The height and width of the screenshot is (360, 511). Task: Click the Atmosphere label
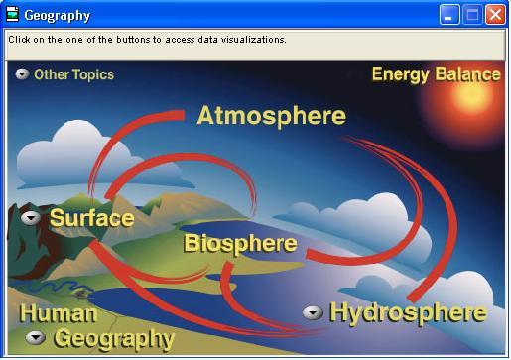(x=271, y=115)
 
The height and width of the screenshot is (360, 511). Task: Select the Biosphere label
(x=240, y=243)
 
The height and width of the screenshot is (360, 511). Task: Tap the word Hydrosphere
(x=408, y=313)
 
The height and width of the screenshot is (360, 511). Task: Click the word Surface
(x=91, y=218)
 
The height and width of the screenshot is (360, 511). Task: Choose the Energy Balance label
(x=436, y=75)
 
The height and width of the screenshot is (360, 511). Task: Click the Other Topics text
(x=73, y=75)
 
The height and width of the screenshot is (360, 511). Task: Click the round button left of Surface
(x=31, y=218)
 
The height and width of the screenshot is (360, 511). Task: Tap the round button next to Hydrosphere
(x=313, y=313)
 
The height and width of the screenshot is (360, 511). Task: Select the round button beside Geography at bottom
(x=37, y=339)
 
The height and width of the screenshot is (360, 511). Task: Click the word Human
(x=59, y=314)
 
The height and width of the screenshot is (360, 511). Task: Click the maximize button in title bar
(x=472, y=15)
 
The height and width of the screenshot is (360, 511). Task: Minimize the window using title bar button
(x=450, y=15)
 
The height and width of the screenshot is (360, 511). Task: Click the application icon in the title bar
(x=12, y=15)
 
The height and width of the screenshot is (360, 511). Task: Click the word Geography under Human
(x=113, y=339)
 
